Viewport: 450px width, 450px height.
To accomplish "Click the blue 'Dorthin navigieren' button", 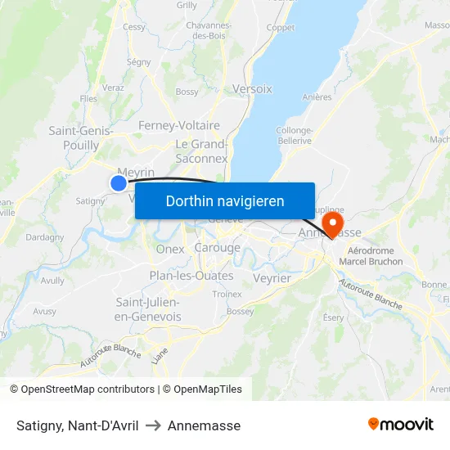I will [225, 200].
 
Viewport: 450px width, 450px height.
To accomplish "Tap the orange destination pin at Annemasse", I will [333, 223].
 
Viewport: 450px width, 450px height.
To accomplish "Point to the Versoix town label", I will [252, 88].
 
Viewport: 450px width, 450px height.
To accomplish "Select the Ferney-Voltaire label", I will [179, 125].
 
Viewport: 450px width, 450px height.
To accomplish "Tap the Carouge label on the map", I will [218, 248].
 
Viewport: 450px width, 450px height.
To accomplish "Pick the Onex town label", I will [170, 249].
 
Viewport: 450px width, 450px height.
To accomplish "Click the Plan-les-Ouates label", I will [191, 276].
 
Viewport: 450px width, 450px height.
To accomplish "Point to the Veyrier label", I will [272, 278].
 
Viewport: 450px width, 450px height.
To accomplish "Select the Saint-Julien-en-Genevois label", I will [147, 309].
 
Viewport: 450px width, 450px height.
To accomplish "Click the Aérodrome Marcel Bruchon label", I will [375, 256].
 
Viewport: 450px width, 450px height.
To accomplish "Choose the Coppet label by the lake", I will [281, 28].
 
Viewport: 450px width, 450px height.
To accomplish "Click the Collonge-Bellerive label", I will [295, 135].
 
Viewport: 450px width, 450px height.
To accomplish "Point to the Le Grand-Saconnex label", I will [201, 151].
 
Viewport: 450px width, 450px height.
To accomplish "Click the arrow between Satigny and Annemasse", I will [153, 425].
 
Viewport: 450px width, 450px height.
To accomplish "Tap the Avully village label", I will [52, 280].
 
